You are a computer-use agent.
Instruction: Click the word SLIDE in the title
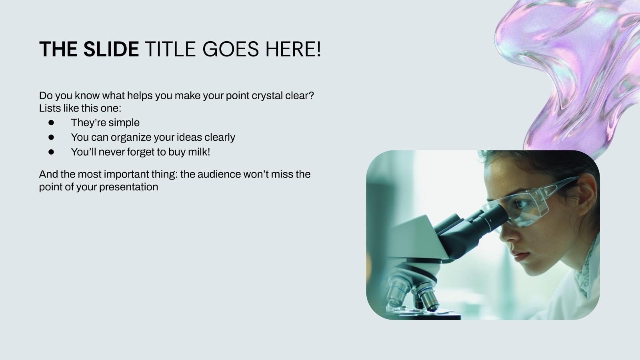click(x=111, y=49)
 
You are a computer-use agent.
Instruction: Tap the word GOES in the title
click(x=230, y=49)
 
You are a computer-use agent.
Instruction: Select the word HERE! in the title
click(x=293, y=49)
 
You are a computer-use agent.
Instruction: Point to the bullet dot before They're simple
click(x=51, y=122)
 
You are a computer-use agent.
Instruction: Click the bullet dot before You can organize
click(x=51, y=138)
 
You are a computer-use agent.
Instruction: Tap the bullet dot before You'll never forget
click(x=51, y=152)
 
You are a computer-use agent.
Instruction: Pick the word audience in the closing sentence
click(x=219, y=174)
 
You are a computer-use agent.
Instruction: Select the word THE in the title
click(x=58, y=49)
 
